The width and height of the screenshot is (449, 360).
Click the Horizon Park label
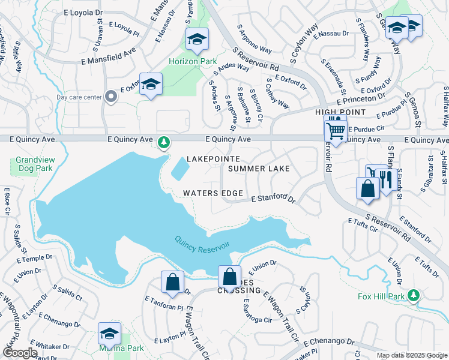184,61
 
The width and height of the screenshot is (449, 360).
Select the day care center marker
110,97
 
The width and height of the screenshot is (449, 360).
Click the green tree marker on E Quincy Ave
163,142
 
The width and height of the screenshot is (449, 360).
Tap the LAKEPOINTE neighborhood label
214,159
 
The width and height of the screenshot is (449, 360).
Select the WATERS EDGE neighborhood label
213,193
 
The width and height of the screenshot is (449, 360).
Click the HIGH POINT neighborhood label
340,112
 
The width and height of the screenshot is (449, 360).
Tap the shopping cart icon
336,128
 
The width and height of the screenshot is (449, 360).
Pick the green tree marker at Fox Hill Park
413,295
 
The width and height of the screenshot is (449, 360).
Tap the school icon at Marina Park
109,334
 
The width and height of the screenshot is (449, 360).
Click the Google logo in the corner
20,353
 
